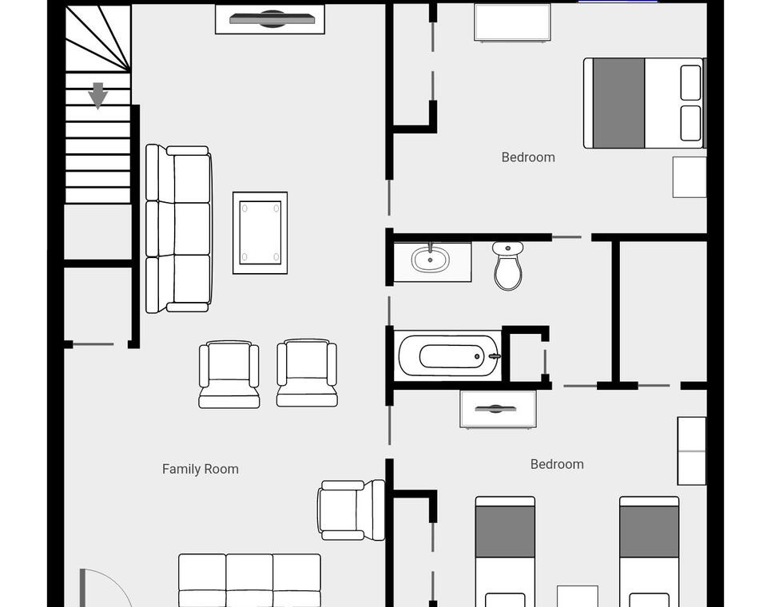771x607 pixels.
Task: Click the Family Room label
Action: click(x=200, y=470)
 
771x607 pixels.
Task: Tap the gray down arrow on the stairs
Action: click(x=97, y=96)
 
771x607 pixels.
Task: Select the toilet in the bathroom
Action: click(x=508, y=266)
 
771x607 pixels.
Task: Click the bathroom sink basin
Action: click(x=431, y=259)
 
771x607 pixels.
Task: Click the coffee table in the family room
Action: click(x=260, y=233)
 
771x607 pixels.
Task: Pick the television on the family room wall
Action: click(x=270, y=19)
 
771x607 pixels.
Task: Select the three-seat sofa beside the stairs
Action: click(x=179, y=228)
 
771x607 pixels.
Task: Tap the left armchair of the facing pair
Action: click(x=229, y=374)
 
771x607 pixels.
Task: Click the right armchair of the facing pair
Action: click(x=307, y=373)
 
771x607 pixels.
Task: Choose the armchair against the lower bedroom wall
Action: click(x=351, y=510)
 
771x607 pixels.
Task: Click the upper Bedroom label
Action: click(x=528, y=157)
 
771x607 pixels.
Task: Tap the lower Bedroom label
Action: click(x=557, y=465)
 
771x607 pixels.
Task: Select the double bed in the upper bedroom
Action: click(x=645, y=103)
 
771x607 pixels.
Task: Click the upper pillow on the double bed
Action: click(x=691, y=82)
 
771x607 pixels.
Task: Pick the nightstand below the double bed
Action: click(x=690, y=177)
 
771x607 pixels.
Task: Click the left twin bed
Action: click(x=505, y=551)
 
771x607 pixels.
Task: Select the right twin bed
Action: click(x=649, y=551)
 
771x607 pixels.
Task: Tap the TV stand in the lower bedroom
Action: click(x=498, y=409)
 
